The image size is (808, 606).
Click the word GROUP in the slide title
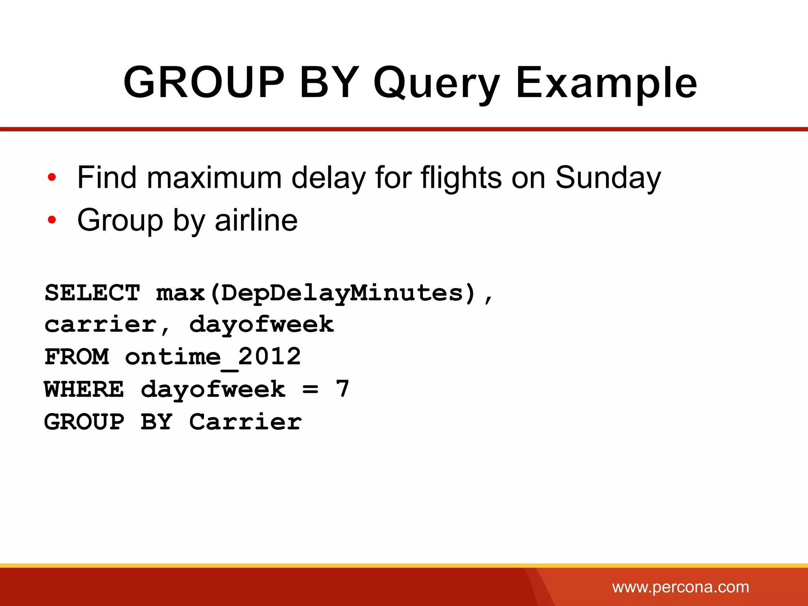click(204, 83)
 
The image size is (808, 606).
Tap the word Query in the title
click(436, 84)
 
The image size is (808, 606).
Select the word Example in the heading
click(606, 84)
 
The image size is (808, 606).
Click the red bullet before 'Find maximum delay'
click(52, 178)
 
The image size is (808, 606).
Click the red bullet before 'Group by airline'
click(52, 220)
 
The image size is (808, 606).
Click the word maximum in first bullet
click(214, 178)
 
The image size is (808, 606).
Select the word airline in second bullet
click(256, 220)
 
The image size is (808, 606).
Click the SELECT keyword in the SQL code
click(92, 293)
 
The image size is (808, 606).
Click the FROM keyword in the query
click(77, 357)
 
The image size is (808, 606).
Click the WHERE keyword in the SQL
click(84, 389)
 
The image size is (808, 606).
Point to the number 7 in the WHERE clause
click(342, 389)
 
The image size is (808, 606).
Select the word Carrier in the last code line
click(245, 422)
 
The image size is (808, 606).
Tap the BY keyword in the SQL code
click(157, 422)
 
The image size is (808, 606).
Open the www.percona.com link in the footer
click(680, 587)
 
